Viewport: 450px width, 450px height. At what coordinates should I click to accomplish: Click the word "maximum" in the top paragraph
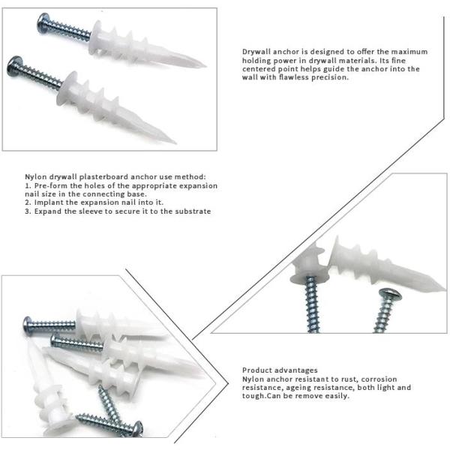click(412, 52)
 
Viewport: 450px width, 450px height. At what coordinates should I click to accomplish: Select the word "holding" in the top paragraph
click(257, 60)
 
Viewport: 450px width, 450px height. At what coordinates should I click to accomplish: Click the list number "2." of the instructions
click(28, 202)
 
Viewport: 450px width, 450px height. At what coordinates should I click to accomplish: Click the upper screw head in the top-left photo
click(43, 24)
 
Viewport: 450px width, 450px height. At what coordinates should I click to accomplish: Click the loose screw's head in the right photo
click(391, 295)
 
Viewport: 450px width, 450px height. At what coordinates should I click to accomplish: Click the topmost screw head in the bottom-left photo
click(28, 325)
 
